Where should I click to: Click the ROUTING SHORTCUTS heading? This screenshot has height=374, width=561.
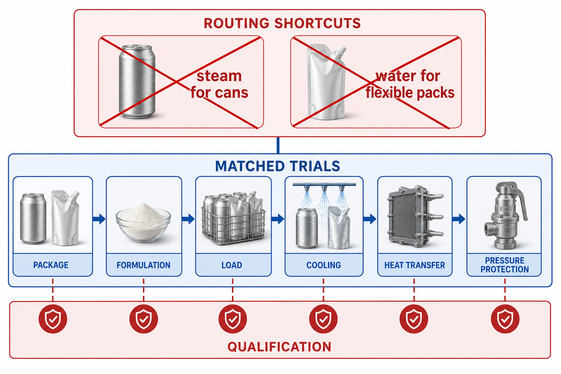[x=282, y=23]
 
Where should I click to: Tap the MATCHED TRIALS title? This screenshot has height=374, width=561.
[x=278, y=166]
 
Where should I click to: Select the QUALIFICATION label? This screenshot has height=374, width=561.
[x=279, y=347]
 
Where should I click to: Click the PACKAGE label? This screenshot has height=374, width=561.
[x=51, y=265]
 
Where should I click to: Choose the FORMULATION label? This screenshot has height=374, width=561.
[x=144, y=265]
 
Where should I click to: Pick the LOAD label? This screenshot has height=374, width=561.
[x=232, y=265]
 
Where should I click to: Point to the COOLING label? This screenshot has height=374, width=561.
[x=324, y=265]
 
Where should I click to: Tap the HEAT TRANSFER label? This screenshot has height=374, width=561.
[x=415, y=265]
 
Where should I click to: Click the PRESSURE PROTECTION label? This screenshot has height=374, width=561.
[x=504, y=265]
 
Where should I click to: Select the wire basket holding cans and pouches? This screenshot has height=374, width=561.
[x=233, y=225]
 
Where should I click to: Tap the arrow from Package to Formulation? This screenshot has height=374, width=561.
[x=99, y=219]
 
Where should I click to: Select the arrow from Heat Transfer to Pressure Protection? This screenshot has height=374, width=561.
[x=459, y=219]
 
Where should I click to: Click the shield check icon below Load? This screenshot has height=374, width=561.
[x=233, y=319]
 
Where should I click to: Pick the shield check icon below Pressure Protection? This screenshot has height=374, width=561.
[x=505, y=319]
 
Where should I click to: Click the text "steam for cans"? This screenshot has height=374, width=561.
[x=219, y=85]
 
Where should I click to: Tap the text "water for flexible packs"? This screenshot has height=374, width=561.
[x=410, y=85]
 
